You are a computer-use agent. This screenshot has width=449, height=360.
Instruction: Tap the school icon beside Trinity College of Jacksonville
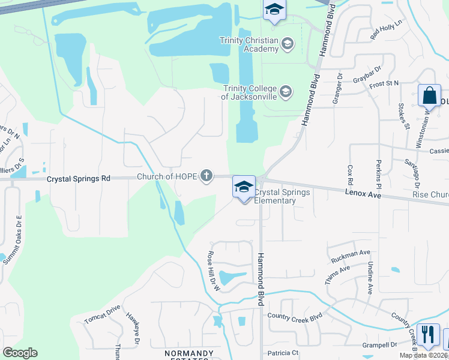coord(286,91)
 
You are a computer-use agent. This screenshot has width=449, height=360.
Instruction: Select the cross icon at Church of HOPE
coord(206,176)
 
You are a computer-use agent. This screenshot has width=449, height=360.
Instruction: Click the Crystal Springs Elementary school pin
coord(244,188)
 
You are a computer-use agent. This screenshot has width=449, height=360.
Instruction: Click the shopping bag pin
coord(429,96)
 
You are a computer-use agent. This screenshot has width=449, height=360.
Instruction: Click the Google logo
coord(20,353)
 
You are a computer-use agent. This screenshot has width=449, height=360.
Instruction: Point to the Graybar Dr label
coord(367,76)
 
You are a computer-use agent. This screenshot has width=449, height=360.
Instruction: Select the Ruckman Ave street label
coord(351,256)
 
